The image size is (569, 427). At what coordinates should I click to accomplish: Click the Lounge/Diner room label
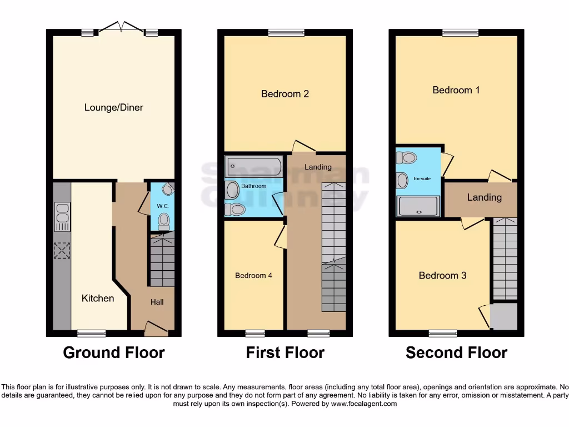113,107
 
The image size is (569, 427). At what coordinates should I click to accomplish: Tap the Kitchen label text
98,299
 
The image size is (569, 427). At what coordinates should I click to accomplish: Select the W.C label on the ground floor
162,206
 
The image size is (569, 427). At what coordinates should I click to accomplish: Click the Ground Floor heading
113,352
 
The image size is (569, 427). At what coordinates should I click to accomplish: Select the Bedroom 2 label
285,94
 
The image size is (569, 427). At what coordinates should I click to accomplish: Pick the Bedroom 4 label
253,275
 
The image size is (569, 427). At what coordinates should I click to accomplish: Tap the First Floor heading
285,352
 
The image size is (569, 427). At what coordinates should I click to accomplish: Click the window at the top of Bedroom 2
285,33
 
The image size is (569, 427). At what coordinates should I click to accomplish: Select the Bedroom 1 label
456,90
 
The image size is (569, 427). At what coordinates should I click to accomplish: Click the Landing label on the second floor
484,197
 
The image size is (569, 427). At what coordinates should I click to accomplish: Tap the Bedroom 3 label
442,275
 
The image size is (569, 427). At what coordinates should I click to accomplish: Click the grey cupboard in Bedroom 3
503,315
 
